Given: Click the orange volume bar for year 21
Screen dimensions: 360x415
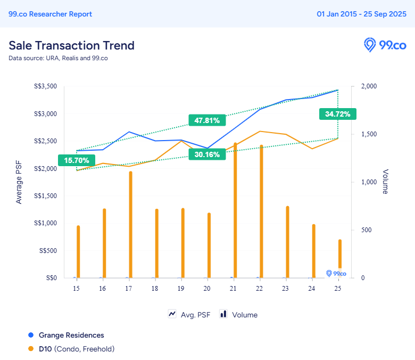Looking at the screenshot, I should tap(235, 210).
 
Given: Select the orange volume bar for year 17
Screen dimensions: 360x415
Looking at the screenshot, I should tap(130, 224).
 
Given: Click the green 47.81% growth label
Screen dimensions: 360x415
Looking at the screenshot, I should tap(207, 120).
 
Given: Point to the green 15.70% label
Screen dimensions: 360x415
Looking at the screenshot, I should tap(77, 160).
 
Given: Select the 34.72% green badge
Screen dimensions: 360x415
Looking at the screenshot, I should tap(337, 114).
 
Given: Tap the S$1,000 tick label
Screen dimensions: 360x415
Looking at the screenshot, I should tap(46, 223).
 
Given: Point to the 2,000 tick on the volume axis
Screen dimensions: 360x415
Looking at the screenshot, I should tap(369, 86).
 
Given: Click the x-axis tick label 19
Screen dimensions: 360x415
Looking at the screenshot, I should tap(181, 288).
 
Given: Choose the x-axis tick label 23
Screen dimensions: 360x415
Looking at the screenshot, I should tap(285, 288).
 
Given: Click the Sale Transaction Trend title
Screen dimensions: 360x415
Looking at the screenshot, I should tap(71, 45).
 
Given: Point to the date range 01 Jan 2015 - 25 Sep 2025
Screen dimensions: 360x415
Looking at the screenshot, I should tap(361, 14).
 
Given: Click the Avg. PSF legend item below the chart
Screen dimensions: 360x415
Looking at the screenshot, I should tap(189, 315).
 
